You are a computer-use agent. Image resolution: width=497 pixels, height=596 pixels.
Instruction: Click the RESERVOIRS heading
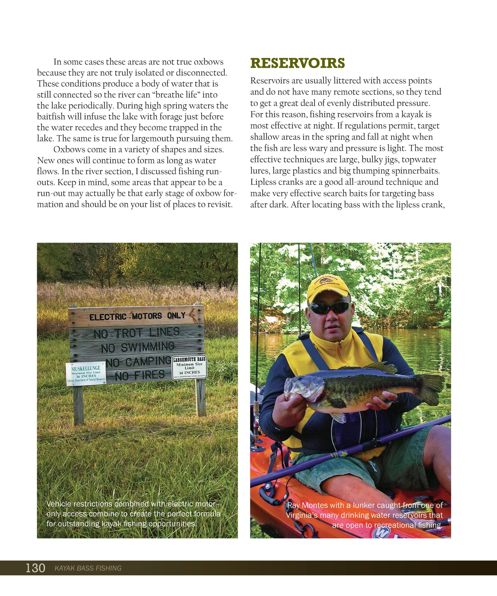click(x=298, y=63)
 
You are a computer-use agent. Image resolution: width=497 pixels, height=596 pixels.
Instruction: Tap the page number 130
click(x=35, y=568)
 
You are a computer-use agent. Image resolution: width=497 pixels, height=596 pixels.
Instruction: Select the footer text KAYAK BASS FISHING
click(x=88, y=568)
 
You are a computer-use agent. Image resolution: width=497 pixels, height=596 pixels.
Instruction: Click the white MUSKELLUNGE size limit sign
click(x=86, y=374)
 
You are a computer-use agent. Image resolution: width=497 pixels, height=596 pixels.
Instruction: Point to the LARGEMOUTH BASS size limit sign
click(x=189, y=368)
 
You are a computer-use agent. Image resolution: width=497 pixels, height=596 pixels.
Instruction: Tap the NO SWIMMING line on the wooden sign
click(x=138, y=347)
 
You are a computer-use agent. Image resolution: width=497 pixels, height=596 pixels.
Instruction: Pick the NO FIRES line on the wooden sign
click(x=140, y=375)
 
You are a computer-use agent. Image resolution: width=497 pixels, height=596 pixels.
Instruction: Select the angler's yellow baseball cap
click(x=328, y=288)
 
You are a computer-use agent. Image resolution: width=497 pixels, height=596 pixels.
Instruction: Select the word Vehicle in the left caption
click(x=59, y=504)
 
